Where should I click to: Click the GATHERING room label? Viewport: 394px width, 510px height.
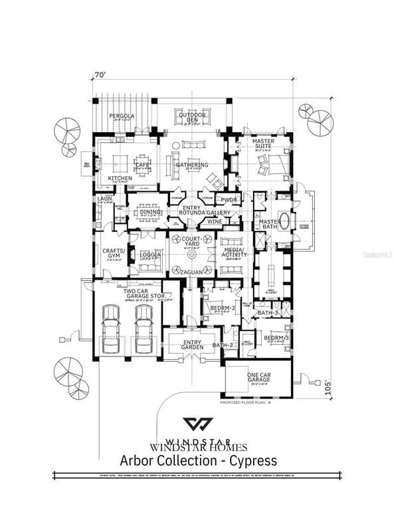click(192, 165)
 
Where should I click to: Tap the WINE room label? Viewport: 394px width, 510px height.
click(214, 221)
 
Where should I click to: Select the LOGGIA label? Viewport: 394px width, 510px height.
click(151, 254)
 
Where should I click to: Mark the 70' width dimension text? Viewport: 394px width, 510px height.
click(101, 76)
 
